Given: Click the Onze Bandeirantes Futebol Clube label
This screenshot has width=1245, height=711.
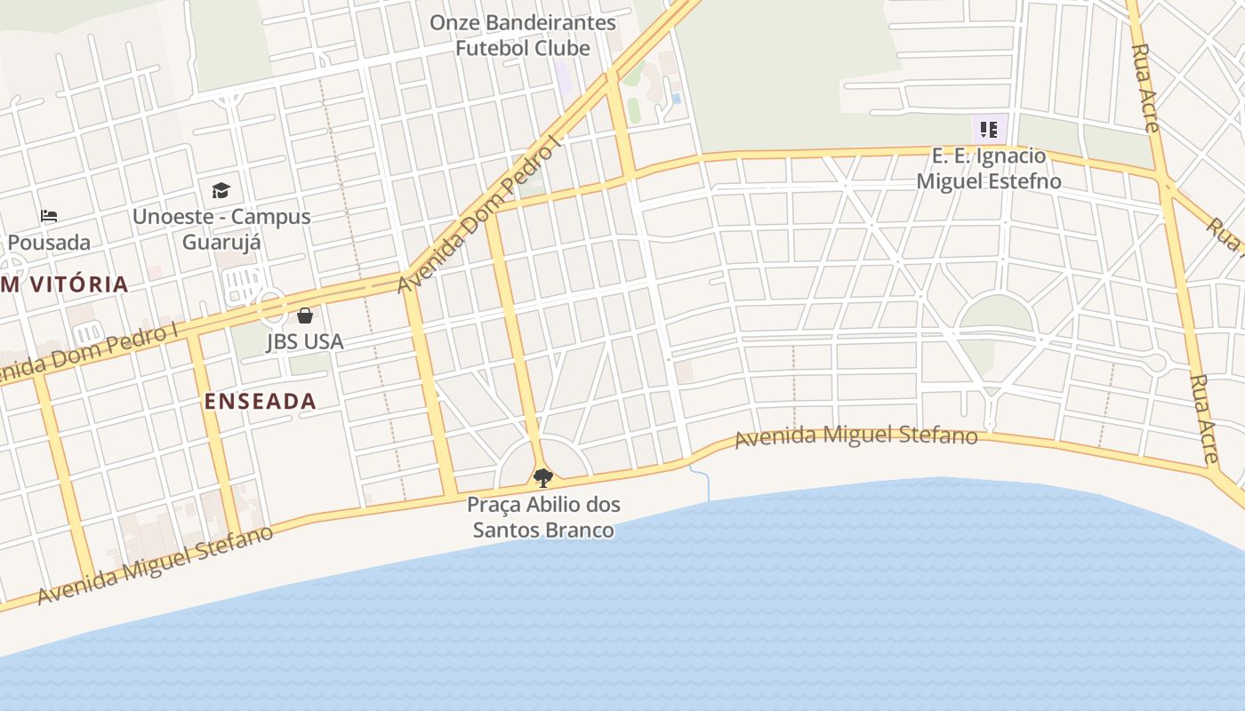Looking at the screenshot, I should click(x=523, y=36).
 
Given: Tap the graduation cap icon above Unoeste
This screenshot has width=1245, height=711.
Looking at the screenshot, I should click(x=221, y=190).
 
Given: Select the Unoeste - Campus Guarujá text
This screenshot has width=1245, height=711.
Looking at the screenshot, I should click(x=221, y=228).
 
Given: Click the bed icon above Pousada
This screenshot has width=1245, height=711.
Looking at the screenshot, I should click(x=49, y=216).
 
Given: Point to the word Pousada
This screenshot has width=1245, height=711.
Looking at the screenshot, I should click(x=49, y=242).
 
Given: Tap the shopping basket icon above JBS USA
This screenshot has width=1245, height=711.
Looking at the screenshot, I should click(x=305, y=316).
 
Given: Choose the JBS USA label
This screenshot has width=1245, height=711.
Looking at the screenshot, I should click(x=305, y=341).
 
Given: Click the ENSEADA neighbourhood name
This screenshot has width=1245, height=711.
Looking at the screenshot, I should click(x=261, y=401).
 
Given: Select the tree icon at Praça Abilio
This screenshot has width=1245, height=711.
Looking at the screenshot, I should click(x=542, y=478).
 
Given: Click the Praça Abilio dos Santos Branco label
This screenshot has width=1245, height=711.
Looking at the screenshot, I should click(x=543, y=517).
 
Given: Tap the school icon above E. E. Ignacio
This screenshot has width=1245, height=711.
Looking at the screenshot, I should click(x=989, y=131).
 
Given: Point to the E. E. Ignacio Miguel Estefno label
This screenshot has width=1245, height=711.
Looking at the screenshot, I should click(x=989, y=168).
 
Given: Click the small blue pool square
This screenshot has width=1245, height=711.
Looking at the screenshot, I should click(x=676, y=99).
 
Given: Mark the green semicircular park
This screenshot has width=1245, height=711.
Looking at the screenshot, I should click(x=996, y=314).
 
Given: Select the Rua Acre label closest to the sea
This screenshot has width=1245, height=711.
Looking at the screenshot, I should click(x=1204, y=419).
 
